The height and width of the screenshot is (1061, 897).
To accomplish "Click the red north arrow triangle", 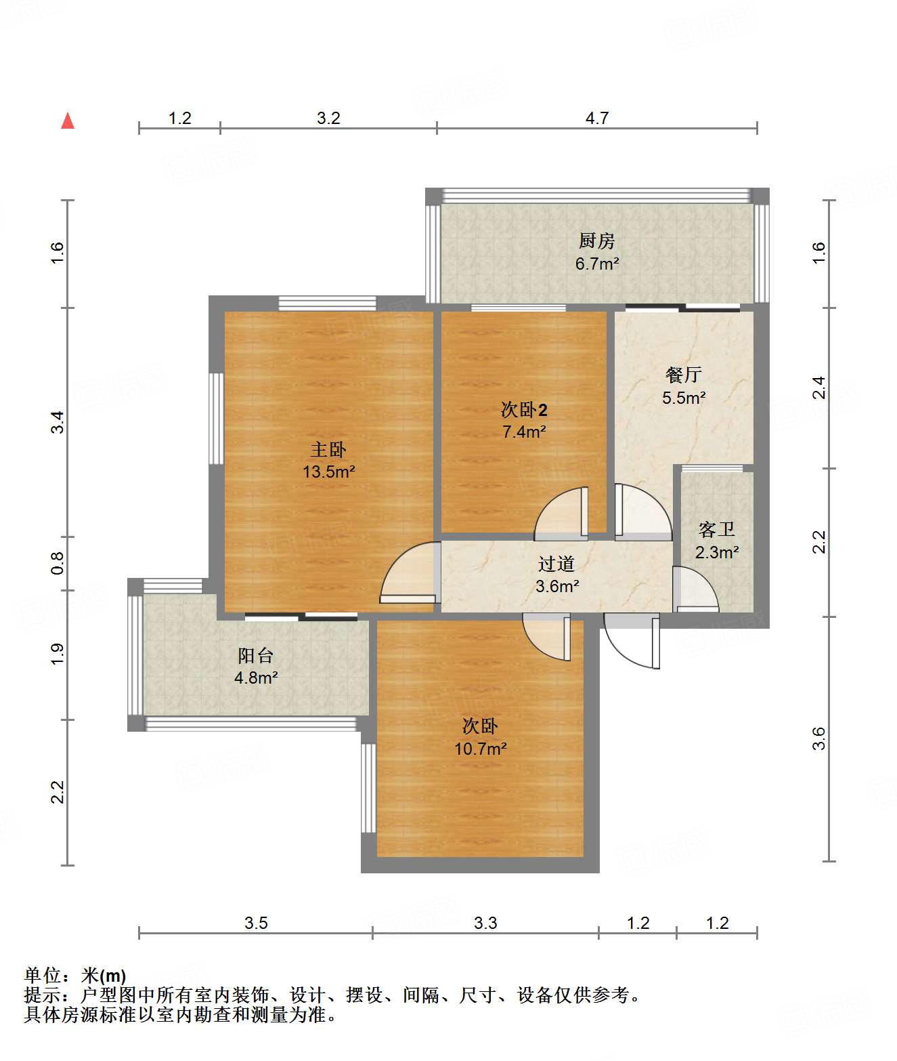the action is click(x=68, y=121).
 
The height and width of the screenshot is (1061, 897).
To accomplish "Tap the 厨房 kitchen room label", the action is click(x=596, y=241).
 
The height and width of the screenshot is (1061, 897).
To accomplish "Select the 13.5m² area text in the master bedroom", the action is click(x=329, y=472).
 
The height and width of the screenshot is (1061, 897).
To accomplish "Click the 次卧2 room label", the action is click(x=523, y=410).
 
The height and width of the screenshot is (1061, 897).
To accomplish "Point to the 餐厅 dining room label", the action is click(x=683, y=375).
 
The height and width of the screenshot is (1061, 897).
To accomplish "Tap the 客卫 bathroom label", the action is click(x=716, y=529).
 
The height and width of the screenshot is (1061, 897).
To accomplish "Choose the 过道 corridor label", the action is click(x=556, y=564).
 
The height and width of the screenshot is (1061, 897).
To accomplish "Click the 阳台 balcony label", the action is click(x=255, y=655).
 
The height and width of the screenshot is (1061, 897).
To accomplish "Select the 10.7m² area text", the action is click(x=481, y=749).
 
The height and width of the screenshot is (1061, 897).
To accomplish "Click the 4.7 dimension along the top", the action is click(x=597, y=119).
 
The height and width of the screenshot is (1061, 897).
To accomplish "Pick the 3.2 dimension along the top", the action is click(x=328, y=119).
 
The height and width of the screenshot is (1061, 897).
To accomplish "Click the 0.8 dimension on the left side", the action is click(x=58, y=563).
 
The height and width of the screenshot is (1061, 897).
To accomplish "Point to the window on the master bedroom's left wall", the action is click(x=217, y=419).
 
